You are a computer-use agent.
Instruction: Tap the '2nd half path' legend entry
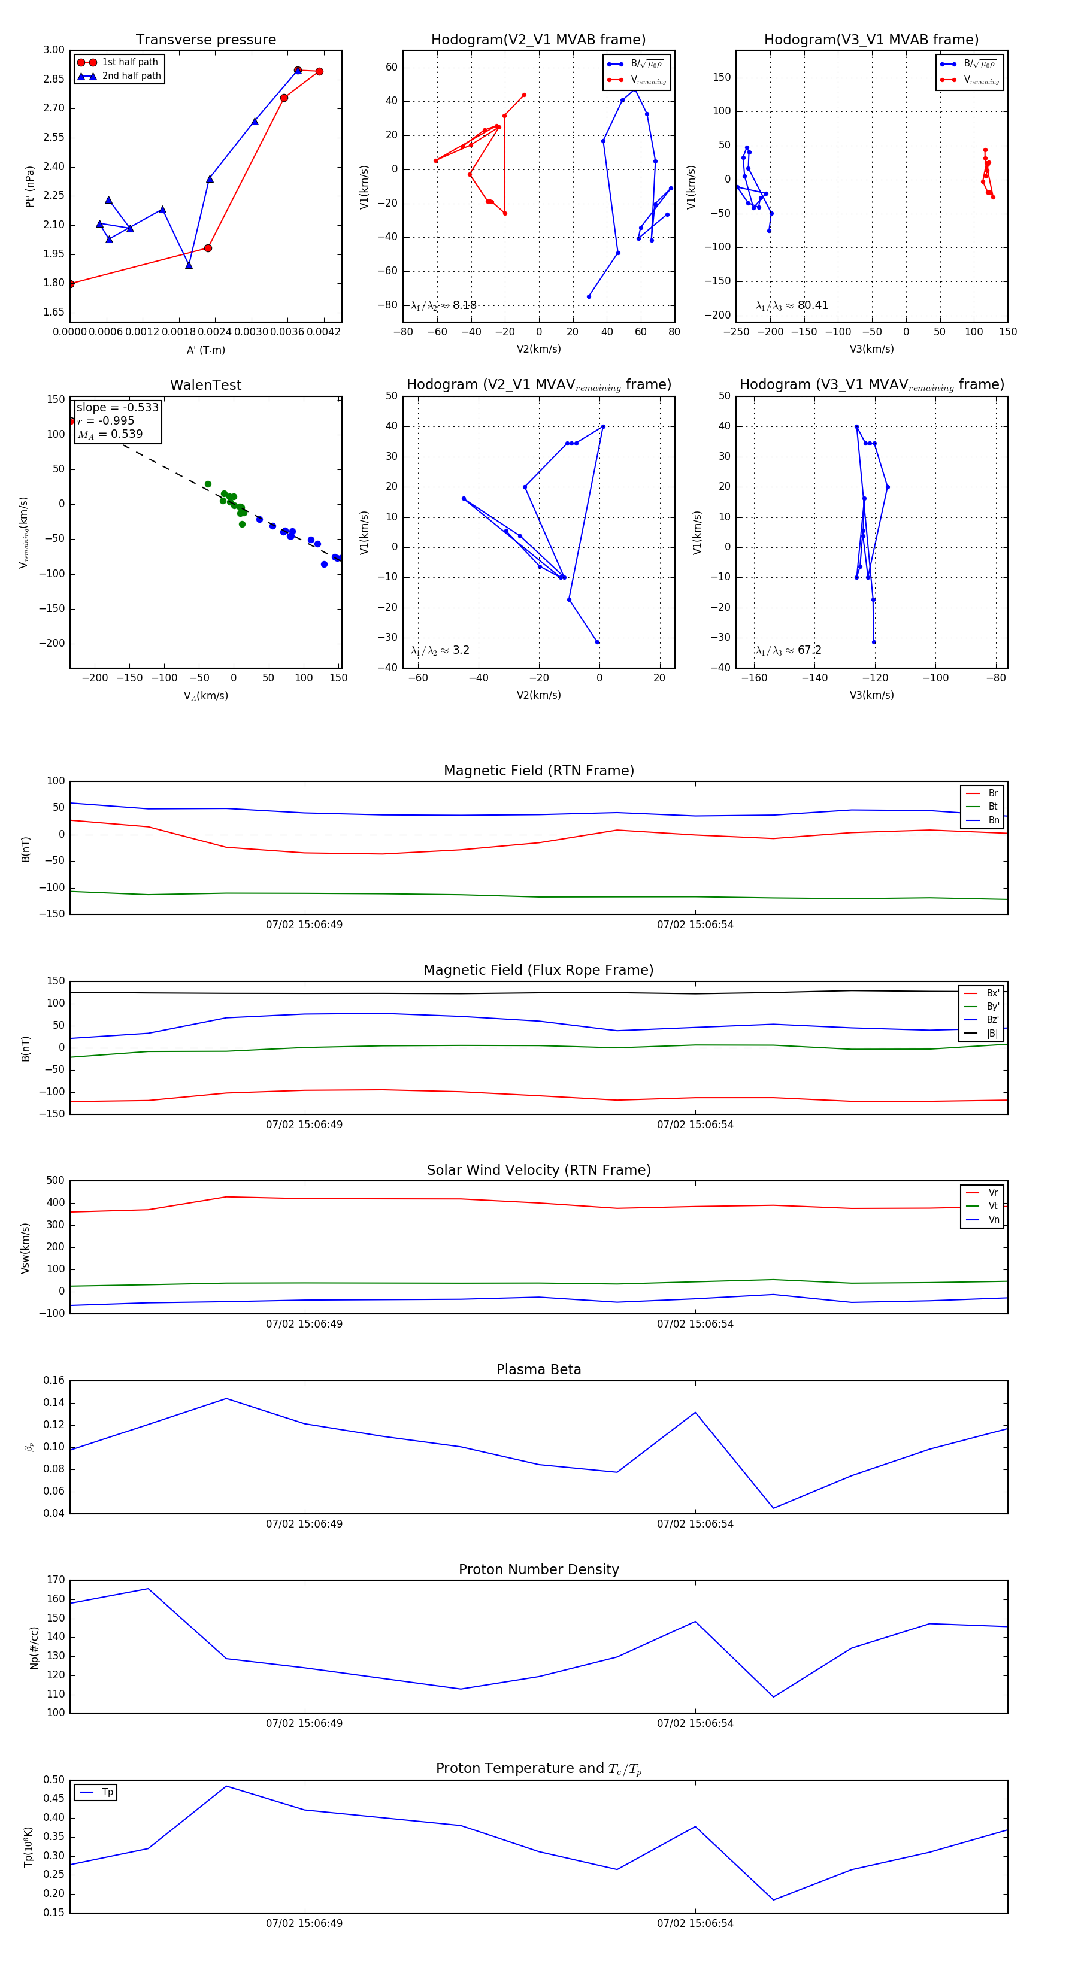(131, 76)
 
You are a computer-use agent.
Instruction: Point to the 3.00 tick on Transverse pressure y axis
(54, 50)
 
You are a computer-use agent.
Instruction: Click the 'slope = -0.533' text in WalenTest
(117, 407)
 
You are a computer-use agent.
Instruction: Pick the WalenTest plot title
(205, 385)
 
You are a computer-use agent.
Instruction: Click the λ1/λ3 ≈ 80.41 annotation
(792, 305)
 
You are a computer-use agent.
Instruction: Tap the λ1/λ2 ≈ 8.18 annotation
(443, 305)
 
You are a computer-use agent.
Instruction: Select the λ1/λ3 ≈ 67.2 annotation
(788, 650)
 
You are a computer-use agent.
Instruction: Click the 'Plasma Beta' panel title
(538, 1369)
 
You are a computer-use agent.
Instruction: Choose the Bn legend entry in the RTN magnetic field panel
(993, 820)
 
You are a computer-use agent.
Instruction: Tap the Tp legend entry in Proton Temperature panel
(107, 1792)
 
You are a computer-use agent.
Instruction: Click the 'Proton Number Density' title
(538, 1569)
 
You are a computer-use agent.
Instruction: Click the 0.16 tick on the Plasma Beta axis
(54, 1381)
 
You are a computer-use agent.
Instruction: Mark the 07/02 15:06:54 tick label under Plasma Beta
(695, 1524)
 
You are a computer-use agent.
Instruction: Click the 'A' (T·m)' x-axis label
(205, 350)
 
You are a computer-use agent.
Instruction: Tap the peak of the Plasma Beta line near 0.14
(226, 1398)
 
